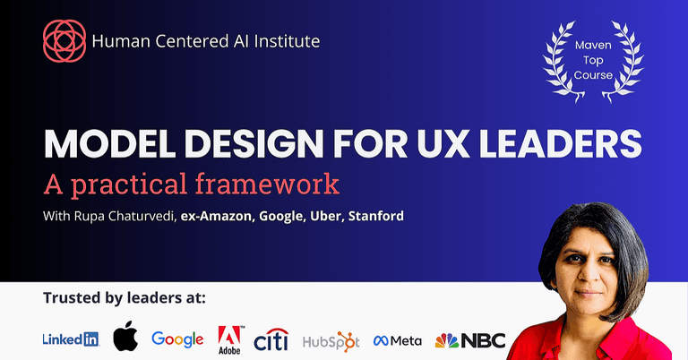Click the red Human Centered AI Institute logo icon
click(64, 41)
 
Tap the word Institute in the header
click(287, 40)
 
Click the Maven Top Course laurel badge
click(593, 60)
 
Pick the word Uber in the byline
click(317, 216)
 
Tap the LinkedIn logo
click(71, 339)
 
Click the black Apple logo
click(125, 338)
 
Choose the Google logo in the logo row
click(177, 339)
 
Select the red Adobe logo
click(230, 339)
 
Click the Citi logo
click(271, 339)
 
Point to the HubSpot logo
click(331, 340)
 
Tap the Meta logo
click(397, 340)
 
